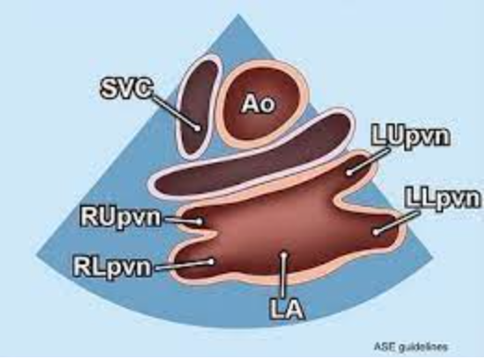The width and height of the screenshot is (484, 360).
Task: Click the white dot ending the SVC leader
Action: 197,124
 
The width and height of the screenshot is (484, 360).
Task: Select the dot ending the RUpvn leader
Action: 200,222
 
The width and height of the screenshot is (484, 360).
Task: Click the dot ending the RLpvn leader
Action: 212,262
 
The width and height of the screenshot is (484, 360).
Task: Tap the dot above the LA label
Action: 284,252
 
